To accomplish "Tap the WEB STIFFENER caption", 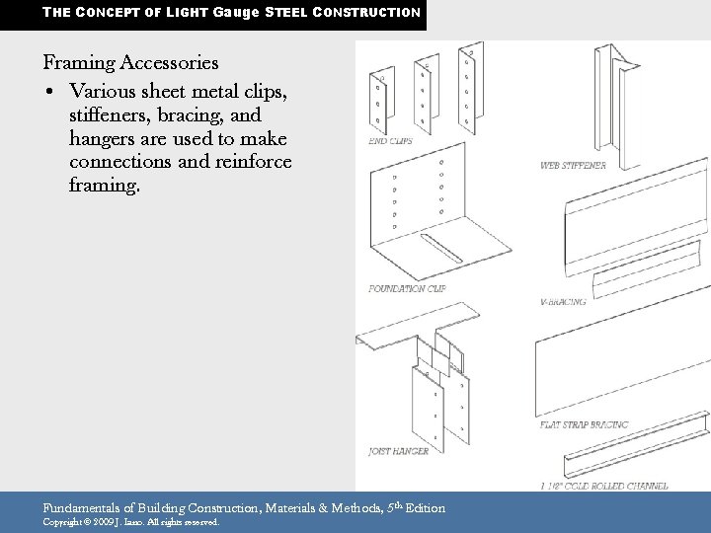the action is tap(573, 165).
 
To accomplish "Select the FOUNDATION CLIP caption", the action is tap(406, 289).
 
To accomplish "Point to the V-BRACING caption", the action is tap(563, 301).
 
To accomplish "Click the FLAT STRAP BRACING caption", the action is tap(584, 424).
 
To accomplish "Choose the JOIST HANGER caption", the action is tap(397, 451).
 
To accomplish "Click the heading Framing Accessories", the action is tap(131, 63).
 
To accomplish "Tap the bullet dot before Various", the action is tap(48, 91).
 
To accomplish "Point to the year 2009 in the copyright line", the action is tap(104, 522).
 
